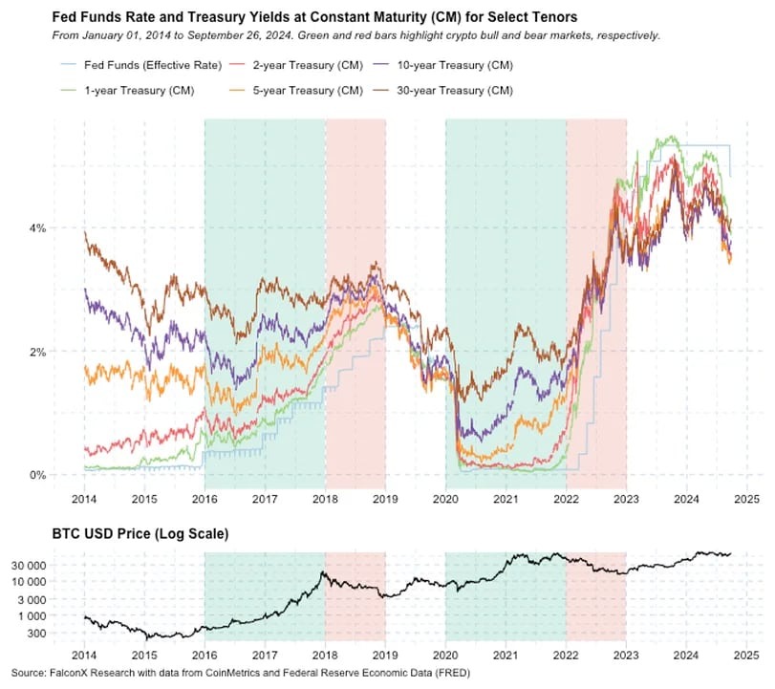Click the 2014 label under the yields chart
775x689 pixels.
[84, 499]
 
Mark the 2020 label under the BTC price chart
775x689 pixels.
[445, 657]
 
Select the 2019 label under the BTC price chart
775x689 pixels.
[385, 657]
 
